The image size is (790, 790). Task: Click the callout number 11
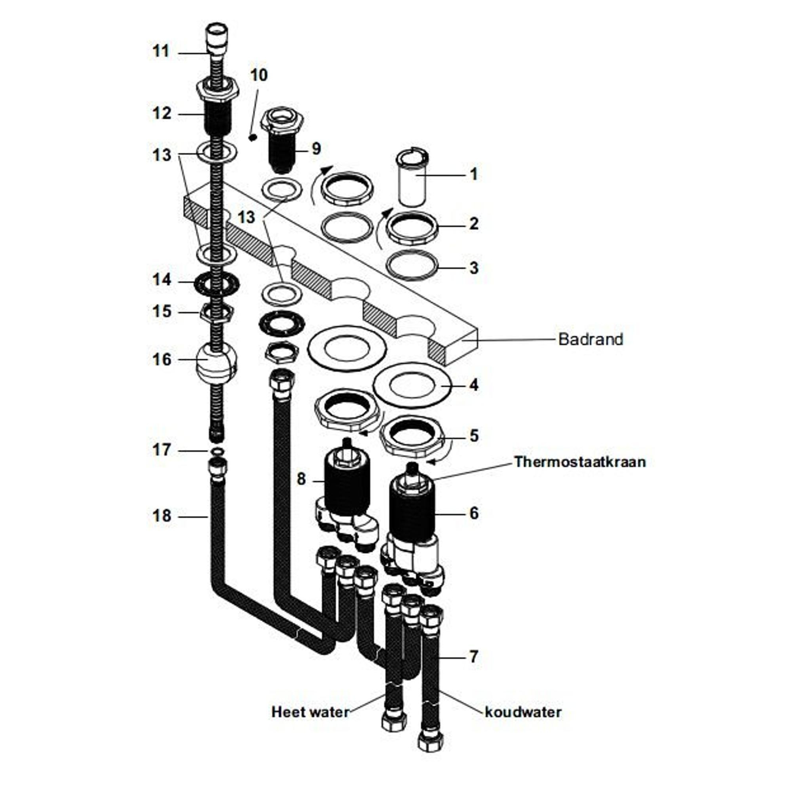(x=161, y=51)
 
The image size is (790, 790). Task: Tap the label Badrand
(x=591, y=339)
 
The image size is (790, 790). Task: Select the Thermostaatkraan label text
(x=580, y=462)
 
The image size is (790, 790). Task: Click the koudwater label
(x=523, y=712)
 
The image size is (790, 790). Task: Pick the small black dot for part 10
(x=253, y=137)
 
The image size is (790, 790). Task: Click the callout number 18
(x=162, y=516)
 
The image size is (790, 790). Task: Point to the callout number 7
(x=474, y=657)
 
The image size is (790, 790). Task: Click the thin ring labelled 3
(x=412, y=266)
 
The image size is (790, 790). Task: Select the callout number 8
(x=301, y=479)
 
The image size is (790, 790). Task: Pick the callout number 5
(x=474, y=436)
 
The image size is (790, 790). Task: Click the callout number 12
(x=162, y=114)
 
